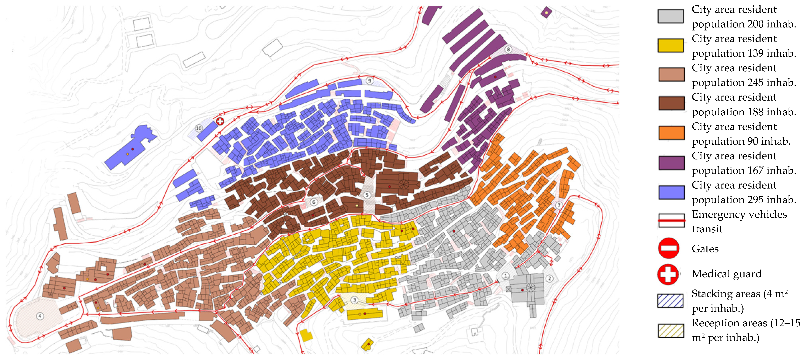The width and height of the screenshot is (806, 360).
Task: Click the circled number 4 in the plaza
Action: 40,316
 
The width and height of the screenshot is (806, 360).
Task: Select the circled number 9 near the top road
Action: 370,81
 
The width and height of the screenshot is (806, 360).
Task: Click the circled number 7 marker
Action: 559,205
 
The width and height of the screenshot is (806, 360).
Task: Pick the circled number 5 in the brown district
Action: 367,195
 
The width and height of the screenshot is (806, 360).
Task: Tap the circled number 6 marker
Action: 313,202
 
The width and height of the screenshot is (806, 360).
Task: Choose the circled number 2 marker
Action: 549,278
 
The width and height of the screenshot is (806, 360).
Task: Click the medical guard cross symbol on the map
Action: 220,121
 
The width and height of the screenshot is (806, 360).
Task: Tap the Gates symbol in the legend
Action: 668,248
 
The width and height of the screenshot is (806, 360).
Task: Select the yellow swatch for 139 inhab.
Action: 671,45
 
